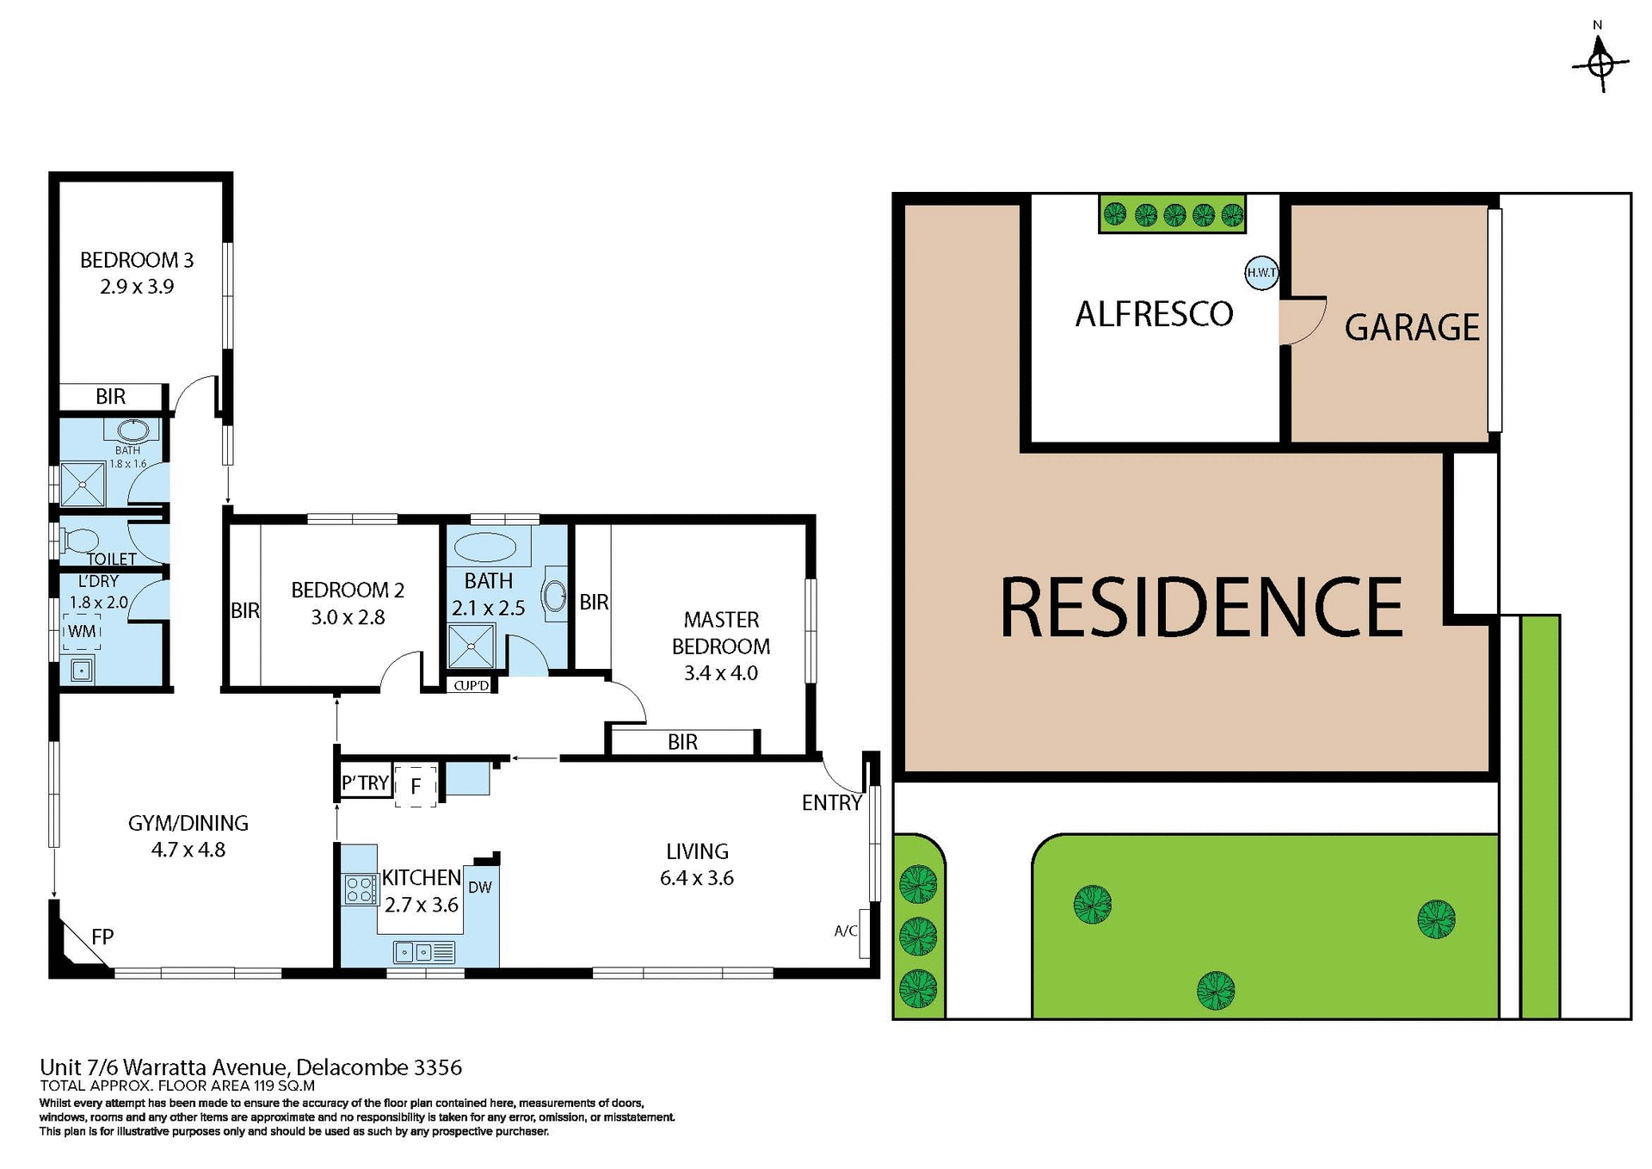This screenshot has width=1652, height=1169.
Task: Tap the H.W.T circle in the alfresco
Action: [1261, 273]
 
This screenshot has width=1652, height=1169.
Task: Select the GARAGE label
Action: [1411, 328]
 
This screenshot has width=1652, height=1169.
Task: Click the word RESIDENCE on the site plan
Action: [1201, 608]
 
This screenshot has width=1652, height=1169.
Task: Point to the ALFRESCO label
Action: [1154, 314]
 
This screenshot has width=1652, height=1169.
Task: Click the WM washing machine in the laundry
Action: [82, 631]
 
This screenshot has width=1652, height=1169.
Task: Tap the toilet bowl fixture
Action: [79, 541]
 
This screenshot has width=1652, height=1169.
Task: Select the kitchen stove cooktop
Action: [361, 889]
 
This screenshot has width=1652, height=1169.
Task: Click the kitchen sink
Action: [424, 952]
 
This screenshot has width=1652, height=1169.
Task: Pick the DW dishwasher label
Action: [480, 888]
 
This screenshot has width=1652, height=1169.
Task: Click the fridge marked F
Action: [416, 786]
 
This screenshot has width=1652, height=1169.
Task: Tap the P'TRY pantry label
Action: [366, 783]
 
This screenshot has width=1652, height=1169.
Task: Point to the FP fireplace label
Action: [102, 937]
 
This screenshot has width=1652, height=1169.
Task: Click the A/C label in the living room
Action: [846, 931]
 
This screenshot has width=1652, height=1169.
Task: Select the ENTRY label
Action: [831, 803]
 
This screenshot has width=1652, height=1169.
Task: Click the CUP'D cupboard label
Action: [471, 685]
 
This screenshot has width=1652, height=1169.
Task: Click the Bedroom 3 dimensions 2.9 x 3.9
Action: [137, 287]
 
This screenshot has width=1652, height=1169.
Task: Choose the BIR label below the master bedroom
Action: [682, 742]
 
